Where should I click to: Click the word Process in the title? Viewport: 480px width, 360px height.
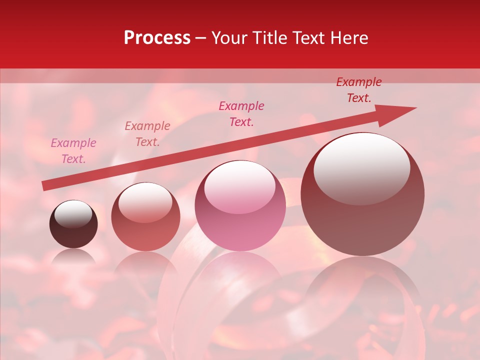coord(157,38)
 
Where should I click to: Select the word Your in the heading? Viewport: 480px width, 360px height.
coord(229,38)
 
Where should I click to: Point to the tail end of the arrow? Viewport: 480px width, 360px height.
coord(45,186)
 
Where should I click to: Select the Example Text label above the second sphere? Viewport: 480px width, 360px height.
coord(147,134)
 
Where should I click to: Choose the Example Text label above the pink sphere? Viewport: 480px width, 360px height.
coord(241,114)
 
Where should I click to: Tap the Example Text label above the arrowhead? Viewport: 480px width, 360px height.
coord(359,90)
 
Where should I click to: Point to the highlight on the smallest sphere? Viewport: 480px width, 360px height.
coord(73,214)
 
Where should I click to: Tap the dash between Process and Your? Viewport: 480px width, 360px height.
coord(201,38)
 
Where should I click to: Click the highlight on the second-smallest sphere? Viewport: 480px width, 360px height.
coord(145,201)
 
